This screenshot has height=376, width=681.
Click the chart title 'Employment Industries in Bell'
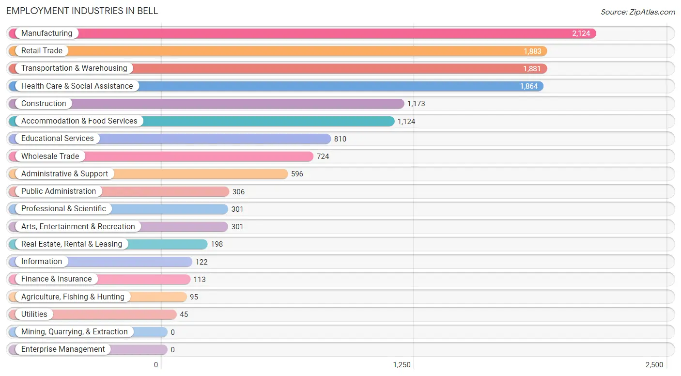coord(82,11)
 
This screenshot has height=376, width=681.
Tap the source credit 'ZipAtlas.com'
coord(652,12)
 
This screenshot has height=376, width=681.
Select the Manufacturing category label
coord(46,33)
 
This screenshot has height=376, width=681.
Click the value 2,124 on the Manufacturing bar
coord(581,33)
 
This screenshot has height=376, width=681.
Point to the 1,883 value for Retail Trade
coord(532,51)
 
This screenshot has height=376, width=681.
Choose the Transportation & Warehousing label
coord(74,68)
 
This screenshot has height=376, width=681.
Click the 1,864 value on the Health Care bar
coord(529,86)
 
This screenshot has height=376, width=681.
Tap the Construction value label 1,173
coord(416,104)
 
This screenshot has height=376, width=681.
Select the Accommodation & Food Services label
coord(79,121)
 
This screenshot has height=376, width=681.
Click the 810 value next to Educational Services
coord(340,139)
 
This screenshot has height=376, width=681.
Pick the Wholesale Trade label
coord(50,157)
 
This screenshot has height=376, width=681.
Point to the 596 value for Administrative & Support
coord(297,174)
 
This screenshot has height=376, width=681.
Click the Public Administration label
coord(59,191)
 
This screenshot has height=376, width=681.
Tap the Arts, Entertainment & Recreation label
coord(78,227)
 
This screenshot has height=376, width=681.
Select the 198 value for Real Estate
coord(217,244)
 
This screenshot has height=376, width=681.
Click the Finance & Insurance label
coord(56,279)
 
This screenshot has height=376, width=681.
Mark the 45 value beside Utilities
coord(184,314)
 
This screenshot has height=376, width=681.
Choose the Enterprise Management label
coord(62,349)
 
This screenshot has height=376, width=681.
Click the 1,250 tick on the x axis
coord(402,365)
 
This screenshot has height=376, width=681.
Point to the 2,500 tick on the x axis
coord(654,365)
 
